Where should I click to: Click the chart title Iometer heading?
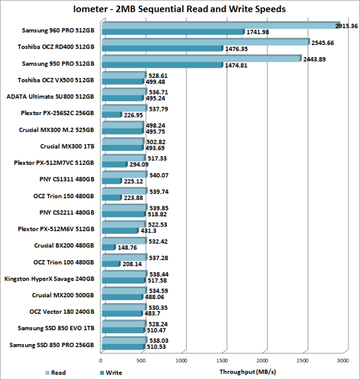coord(179,9)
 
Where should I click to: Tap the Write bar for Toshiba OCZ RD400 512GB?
coord(162,48)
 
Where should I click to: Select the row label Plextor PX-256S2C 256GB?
coord(59,112)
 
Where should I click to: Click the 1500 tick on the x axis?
coord(222,360)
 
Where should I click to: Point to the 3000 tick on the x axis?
coord(343,360)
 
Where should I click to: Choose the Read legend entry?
coord(58,372)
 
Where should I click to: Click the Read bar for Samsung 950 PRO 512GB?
coord(201,58)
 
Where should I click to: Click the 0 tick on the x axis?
coord(101,360)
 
